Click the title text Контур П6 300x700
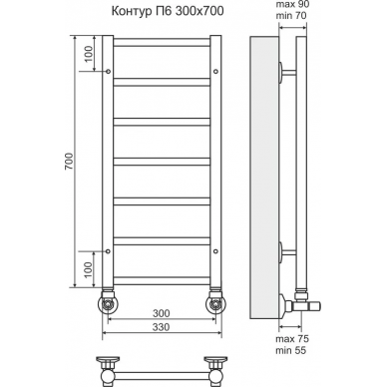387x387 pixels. [x=168, y=11]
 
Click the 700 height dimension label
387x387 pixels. [x=69, y=162]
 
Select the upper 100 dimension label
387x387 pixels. [x=89, y=54]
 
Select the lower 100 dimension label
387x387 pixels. [x=88, y=270]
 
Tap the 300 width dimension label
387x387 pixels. [x=162, y=313]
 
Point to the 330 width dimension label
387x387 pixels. [x=162, y=327]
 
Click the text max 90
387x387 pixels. [x=292, y=5]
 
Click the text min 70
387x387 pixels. [x=291, y=15]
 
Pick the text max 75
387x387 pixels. [x=292, y=339]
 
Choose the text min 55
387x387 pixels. [x=291, y=350]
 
